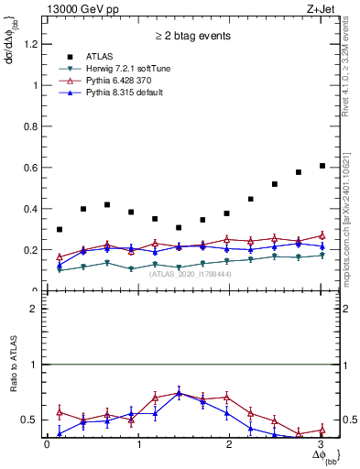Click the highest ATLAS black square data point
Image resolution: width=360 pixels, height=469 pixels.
tap(322, 166)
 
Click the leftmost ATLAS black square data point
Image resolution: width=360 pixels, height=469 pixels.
tap(60, 229)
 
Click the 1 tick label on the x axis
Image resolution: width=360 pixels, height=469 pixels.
tap(137, 444)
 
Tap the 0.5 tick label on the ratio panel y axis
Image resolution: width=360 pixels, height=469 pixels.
tap(28, 420)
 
